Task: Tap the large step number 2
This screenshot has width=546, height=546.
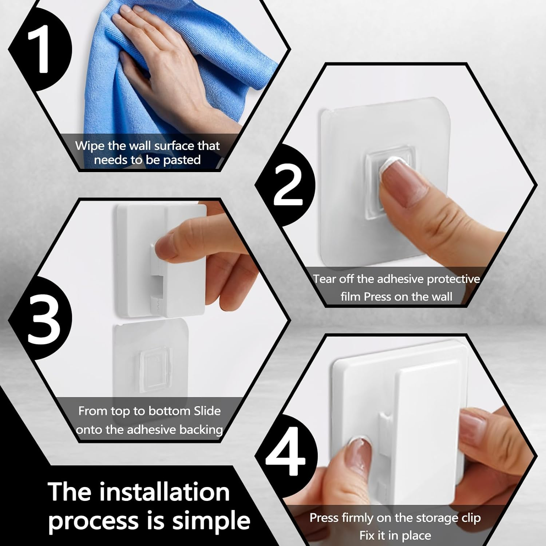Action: click(x=288, y=186)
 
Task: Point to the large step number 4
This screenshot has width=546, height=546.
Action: click(x=286, y=453)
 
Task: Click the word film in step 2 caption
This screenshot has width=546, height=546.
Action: click(x=350, y=297)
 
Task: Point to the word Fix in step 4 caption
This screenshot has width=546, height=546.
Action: click(x=368, y=535)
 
